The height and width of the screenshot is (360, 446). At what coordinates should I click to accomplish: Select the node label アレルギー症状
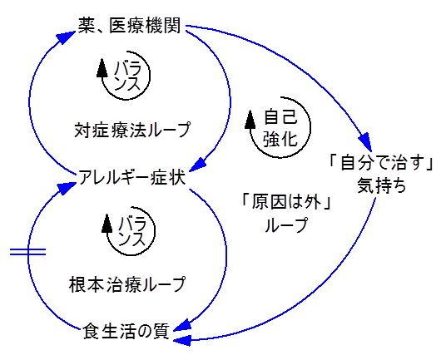coord(131,176)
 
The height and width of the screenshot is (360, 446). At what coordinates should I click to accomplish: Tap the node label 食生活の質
coord(126,331)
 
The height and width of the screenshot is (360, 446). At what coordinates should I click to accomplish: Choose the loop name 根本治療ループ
coord(126,284)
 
